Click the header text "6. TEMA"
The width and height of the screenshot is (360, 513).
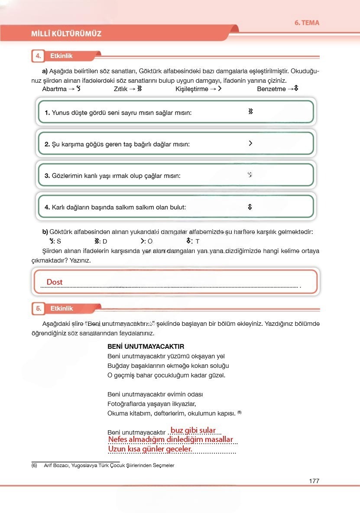307,23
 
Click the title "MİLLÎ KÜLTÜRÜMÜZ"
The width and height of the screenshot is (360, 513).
66,33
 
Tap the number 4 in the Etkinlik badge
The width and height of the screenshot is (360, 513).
39,56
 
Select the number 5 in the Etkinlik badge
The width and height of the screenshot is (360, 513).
39,308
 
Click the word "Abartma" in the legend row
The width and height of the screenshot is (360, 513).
54,89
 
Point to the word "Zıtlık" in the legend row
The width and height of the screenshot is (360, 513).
120,89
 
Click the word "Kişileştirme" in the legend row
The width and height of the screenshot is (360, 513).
192,89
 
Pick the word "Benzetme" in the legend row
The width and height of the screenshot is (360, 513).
271,89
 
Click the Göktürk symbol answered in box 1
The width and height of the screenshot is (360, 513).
250,112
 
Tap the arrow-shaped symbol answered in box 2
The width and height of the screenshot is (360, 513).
250,143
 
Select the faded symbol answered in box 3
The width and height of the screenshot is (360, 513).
250,175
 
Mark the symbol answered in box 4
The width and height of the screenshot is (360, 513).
250,207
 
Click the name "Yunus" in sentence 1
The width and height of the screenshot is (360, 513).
61,113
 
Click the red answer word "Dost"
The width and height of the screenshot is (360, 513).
55,282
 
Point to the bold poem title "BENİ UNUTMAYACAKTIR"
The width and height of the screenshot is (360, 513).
146,347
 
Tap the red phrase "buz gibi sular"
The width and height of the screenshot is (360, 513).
193,430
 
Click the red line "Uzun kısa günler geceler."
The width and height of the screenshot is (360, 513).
150,449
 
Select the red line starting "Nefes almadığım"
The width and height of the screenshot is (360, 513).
170,440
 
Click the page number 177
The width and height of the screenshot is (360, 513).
314,481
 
